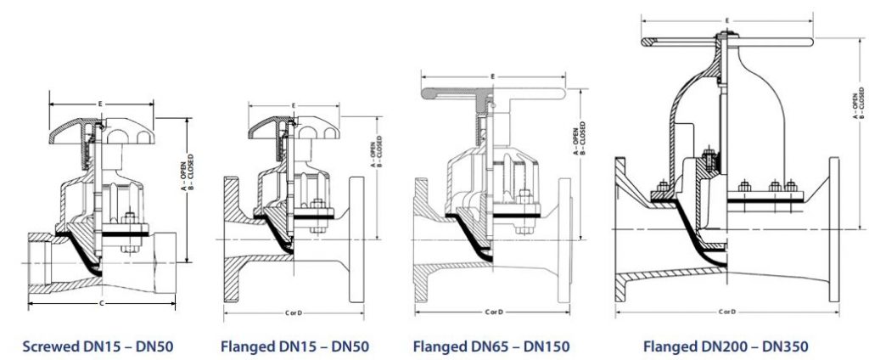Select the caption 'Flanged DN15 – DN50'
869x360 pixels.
[294, 346]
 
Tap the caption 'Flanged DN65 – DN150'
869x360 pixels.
[491, 346]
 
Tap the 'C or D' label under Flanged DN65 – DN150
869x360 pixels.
[493, 312]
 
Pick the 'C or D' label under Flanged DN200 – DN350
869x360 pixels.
[726, 312]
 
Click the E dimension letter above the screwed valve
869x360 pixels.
[101, 104]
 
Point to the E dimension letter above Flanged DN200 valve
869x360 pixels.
[726, 19]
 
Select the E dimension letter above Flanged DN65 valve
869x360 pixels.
[493, 76]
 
